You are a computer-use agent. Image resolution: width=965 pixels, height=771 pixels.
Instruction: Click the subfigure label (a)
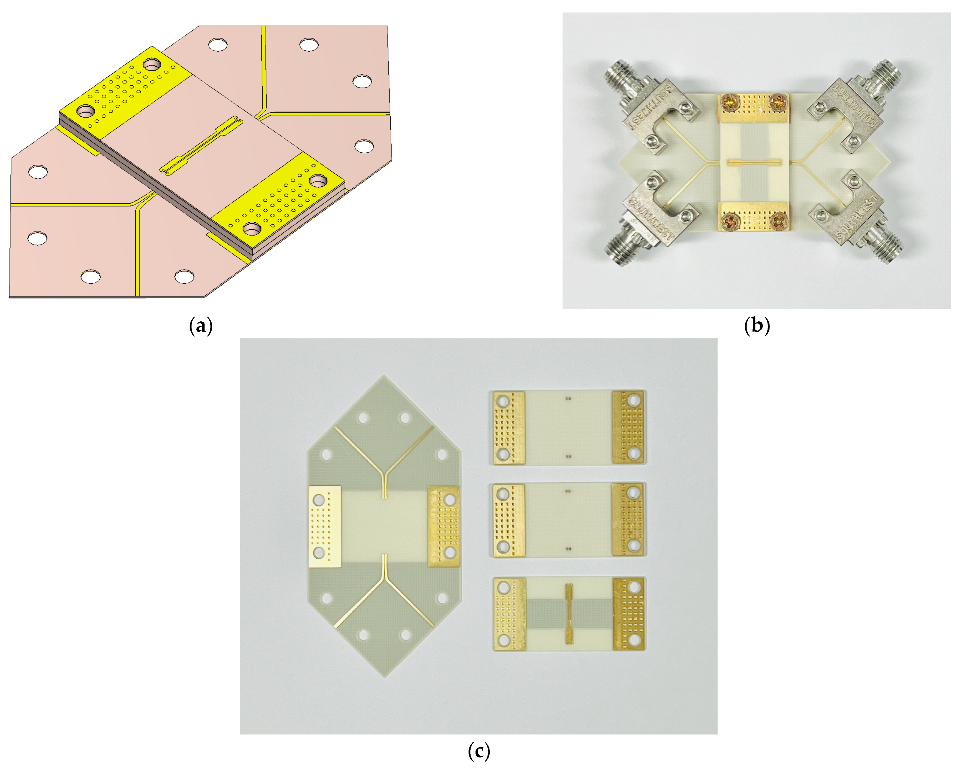(201, 326)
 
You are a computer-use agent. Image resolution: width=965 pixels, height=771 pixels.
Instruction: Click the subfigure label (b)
(756, 326)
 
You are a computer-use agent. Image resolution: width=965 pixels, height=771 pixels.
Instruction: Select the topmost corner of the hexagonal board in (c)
(384, 377)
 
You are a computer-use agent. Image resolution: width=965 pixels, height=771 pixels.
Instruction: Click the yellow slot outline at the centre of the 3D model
(201, 146)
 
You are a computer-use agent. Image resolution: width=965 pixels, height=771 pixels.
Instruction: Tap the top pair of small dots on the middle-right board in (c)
(568, 491)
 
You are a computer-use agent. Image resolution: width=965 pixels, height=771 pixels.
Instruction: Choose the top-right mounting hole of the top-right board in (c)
(633, 400)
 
